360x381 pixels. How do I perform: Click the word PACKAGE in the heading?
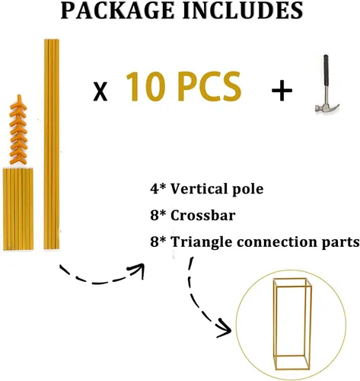[x=117, y=10]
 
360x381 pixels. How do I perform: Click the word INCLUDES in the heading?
[x=243, y=10]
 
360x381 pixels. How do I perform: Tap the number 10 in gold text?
[x=145, y=86]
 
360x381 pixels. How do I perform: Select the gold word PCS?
[x=209, y=86]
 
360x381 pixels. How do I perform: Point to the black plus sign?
[x=282, y=91]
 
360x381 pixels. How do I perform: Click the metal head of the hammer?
[x=327, y=107]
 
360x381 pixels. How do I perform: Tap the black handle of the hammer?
[x=326, y=76]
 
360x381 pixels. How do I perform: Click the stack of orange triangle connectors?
[x=18, y=130]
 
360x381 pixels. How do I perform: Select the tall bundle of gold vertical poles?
[x=52, y=144]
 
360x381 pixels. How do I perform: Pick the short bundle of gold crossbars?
[x=18, y=209]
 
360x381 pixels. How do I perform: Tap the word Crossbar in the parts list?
[x=202, y=216]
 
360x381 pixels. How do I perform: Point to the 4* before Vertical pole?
[x=158, y=189]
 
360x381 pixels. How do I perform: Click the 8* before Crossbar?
[x=158, y=216]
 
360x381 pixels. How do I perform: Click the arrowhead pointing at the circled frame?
[x=225, y=329]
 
